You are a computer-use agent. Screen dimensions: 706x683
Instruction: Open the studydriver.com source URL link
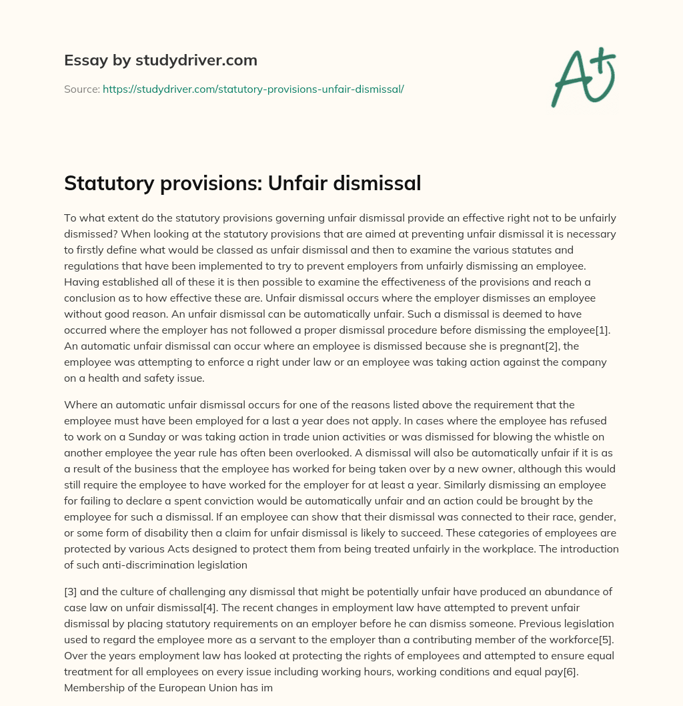coord(253,89)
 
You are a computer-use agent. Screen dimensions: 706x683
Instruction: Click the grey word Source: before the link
coord(81,89)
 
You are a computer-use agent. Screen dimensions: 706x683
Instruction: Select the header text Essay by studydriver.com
coord(160,61)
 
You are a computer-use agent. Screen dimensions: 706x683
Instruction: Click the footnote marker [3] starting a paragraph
coord(71,592)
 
